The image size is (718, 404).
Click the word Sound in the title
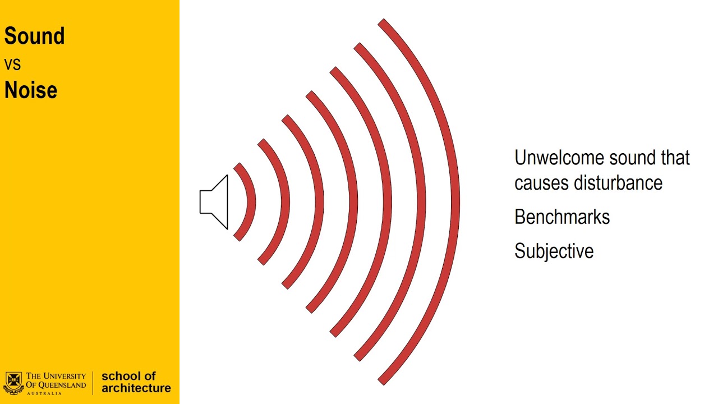(34, 36)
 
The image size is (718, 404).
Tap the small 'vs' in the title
(12, 65)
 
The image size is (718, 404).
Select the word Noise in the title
(31, 90)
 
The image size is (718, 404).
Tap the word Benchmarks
(562, 217)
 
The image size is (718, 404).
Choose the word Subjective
(554, 251)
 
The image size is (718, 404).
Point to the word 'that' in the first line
(675, 158)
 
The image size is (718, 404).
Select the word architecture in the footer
(136, 388)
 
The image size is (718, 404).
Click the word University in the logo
(64, 376)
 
